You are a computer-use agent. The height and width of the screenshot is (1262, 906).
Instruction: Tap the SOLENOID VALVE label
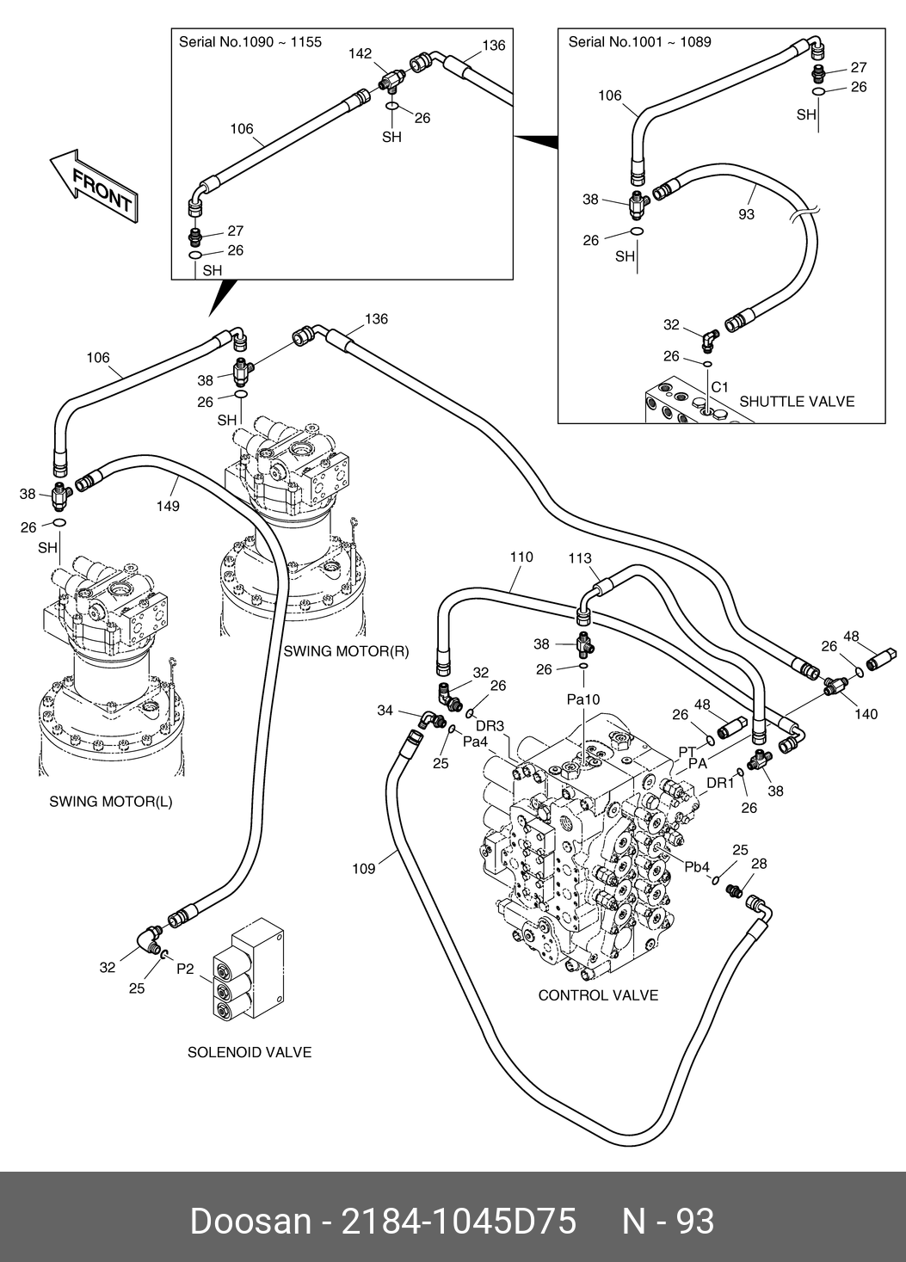pos(250,1052)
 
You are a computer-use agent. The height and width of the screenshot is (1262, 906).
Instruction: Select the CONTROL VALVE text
pos(598,995)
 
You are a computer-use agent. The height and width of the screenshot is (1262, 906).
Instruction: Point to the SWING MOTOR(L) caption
pos(111,802)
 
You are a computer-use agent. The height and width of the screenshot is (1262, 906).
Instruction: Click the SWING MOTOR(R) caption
pos(347,651)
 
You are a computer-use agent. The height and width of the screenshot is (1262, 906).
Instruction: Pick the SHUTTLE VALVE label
pos(797,401)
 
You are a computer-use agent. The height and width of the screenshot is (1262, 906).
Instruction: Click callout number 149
pos(167,506)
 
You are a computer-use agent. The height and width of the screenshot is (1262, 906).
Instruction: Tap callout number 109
pos(364,869)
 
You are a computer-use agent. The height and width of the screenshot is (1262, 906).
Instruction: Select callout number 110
pos(521,557)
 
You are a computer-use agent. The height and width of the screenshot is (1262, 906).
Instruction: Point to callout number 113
pos(581,558)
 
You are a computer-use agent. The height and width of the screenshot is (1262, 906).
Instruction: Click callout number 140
pos(866,714)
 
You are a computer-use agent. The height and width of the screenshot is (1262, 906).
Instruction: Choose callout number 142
pos(360,53)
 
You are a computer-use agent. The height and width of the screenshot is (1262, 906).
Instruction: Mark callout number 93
pos(746,213)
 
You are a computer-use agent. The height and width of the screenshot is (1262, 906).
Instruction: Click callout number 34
pos(385,710)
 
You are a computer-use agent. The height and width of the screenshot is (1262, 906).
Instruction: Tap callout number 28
pos(759,864)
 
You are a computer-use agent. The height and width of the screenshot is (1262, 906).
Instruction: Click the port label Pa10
pos(582,699)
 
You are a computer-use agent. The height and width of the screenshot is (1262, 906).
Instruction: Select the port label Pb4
pos(698,866)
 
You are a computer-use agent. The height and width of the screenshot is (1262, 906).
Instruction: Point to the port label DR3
pos(490,725)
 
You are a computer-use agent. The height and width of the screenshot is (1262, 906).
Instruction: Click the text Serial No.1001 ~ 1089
pos(639,41)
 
